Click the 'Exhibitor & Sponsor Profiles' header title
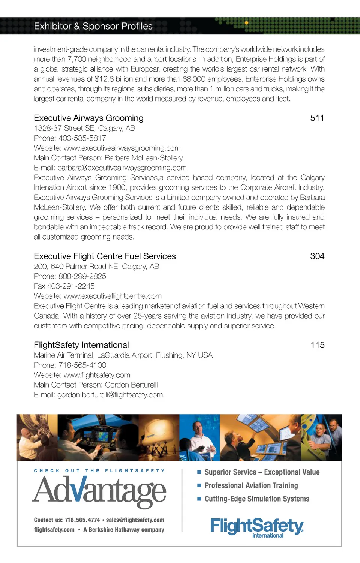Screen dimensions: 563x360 coord(93,26)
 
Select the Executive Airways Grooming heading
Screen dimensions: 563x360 coord(88,118)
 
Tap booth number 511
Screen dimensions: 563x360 coord(317,118)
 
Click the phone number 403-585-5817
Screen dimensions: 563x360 coord(82,138)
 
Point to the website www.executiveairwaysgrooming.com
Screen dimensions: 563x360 coord(122,148)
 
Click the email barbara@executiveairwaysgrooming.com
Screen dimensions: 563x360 coord(122,168)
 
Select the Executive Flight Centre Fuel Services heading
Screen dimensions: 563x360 coord(105,256)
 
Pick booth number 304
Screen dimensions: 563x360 coord(317,256)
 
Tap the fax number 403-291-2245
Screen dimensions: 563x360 coord(71,286)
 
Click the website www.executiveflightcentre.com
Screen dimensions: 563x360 coord(112,296)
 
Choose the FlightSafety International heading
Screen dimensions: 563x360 coord(81,345)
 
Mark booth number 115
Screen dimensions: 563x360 coord(318,345)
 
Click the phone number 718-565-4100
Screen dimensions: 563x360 coord(82,365)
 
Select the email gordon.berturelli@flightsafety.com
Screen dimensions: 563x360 coord(110,395)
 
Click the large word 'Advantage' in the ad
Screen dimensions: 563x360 coord(99,491)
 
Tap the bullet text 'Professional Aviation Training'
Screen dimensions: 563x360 coord(251,485)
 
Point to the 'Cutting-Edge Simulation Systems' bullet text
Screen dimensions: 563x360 coord(257,499)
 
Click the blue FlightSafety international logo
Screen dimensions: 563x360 coord(257,527)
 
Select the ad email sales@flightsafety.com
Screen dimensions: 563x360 coord(135,520)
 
